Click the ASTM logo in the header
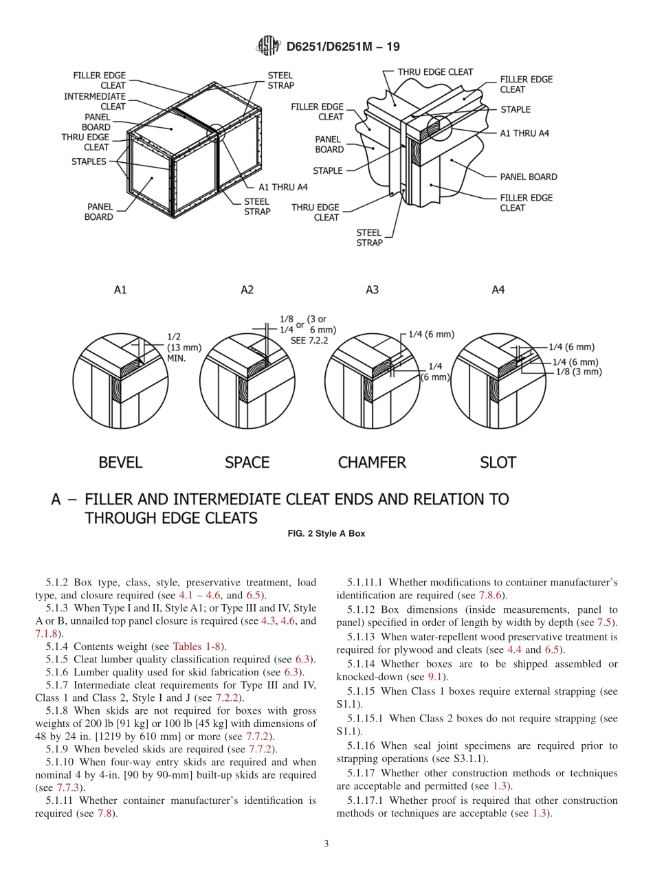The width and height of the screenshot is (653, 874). click(x=268, y=46)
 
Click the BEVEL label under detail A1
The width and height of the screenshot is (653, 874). click(x=120, y=462)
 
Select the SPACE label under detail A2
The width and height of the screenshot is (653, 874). click(x=247, y=462)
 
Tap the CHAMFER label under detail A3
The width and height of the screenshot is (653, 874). click(x=372, y=462)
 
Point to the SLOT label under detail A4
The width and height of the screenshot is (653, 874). click(x=498, y=462)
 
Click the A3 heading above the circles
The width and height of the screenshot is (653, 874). click(x=372, y=290)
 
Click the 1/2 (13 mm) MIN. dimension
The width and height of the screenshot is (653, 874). click(x=181, y=348)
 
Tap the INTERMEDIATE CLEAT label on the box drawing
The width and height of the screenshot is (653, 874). click(x=95, y=102)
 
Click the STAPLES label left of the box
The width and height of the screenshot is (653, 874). click(x=89, y=161)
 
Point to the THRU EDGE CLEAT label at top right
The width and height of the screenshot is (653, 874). click(x=435, y=71)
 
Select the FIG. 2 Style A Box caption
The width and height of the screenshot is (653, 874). click(x=326, y=534)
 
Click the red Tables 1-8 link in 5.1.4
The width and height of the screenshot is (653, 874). click(x=197, y=647)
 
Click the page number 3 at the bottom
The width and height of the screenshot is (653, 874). click(x=326, y=844)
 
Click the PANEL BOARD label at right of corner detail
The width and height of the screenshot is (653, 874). click(x=528, y=177)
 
